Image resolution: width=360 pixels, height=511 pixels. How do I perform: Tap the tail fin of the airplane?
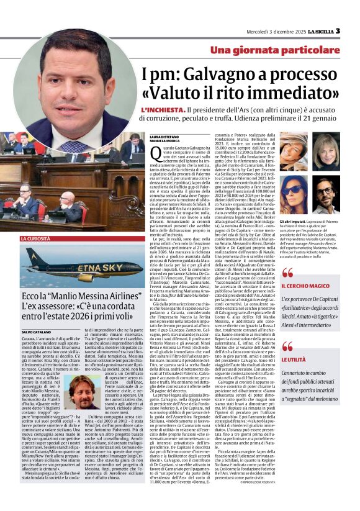pos(29,256)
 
